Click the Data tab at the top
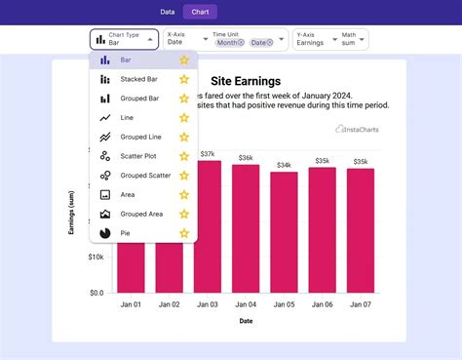(168, 12)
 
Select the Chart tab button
(200, 12)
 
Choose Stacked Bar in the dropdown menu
(139, 79)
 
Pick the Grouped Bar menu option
(140, 99)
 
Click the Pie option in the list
(126, 233)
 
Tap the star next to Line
(183, 118)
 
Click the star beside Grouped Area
(183, 214)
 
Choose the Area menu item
(128, 194)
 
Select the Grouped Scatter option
(145, 176)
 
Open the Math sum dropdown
(353, 39)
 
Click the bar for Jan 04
(246, 228)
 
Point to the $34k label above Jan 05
(284, 165)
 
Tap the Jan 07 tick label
(361, 304)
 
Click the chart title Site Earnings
(246, 81)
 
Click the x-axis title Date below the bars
(246, 321)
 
